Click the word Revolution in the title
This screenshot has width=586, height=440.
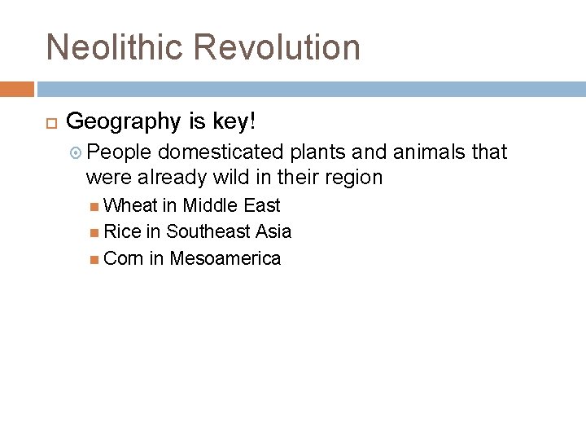278,47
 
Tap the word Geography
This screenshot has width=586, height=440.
123,122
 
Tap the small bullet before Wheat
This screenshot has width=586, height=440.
96,206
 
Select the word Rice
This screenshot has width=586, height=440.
123,232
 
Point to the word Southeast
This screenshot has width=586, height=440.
209,232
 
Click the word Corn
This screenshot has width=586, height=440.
124,259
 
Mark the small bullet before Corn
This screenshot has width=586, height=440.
96,260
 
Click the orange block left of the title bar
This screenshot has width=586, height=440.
17,88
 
